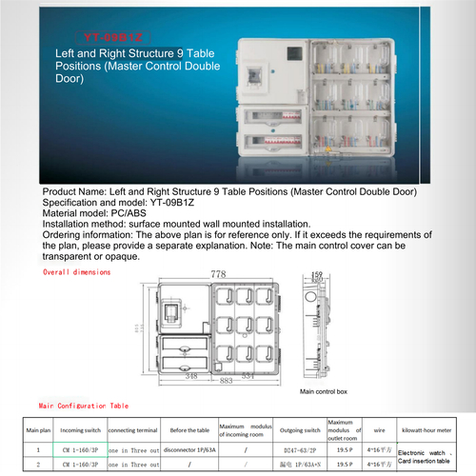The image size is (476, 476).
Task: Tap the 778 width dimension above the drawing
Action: (218, 274)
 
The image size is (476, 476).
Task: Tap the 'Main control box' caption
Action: (324, 391)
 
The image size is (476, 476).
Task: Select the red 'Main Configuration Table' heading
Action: (84, 406)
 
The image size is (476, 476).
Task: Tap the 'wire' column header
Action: (379, 430)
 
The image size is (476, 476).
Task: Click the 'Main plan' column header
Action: (38, 430)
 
